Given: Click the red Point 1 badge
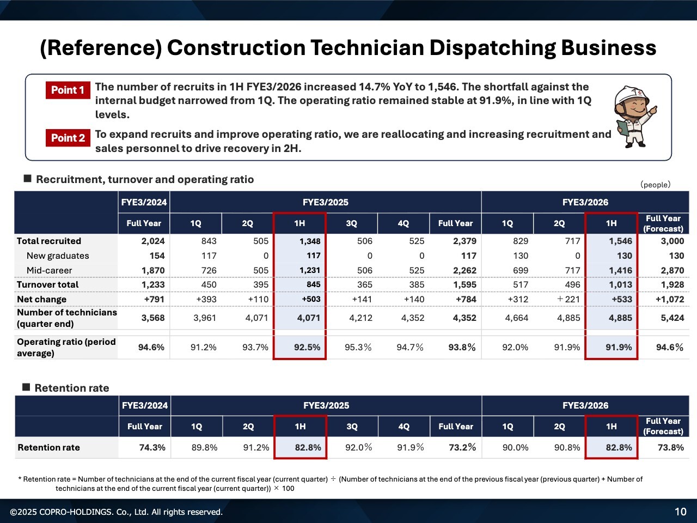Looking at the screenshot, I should pos(68,90).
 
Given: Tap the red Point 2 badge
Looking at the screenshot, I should pos(68,138).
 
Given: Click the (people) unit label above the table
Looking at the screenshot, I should pos(655,185).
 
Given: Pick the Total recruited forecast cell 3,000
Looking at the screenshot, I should pos(672,241).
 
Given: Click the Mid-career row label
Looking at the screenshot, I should pos(49,270).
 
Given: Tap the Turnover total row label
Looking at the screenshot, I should pos(47,284).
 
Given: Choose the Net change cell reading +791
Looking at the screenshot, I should pos(154,299).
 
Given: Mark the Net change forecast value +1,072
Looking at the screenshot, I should pos(670,299).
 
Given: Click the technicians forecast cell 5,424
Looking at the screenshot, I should pos(672,318).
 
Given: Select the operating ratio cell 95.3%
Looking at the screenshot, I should pos(358,347).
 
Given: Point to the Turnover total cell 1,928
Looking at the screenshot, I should pos(672,284).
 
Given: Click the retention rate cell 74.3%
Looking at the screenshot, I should pos(152,447).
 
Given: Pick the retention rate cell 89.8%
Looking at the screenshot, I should pos(204,447).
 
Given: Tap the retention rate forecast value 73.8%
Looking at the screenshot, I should pos(670,447).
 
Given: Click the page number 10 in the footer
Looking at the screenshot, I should pos(681,512).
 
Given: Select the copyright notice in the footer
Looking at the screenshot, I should pos(117,512).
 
